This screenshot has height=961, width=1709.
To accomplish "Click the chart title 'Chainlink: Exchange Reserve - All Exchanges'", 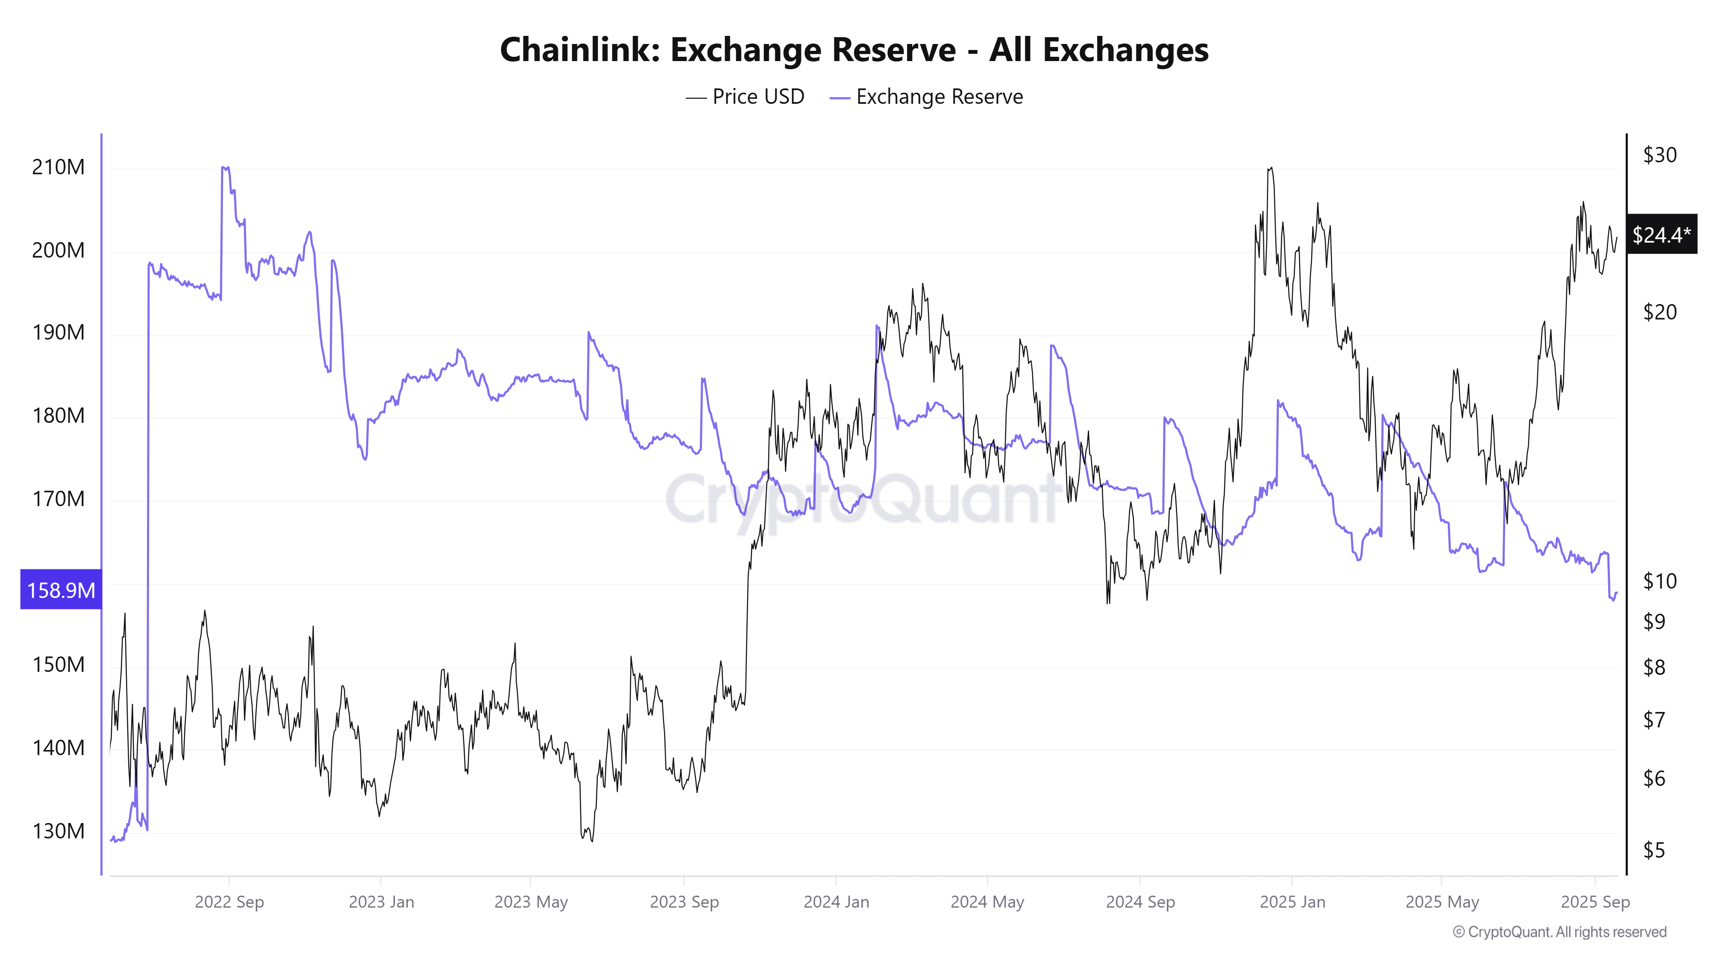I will (854, 50).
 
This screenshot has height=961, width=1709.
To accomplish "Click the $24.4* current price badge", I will (1661, 234).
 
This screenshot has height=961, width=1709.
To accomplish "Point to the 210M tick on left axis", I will (59, 167).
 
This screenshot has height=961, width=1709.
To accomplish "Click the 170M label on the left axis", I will (59, 499).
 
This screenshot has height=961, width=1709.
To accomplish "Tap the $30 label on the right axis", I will (1659, 155).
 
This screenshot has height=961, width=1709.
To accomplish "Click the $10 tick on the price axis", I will (1659, 581).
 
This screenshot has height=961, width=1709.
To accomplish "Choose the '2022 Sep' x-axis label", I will (229, 902).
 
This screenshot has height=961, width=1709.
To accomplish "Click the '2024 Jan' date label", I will (836, 902).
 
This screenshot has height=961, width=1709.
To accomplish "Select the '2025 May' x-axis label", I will (1442, 902).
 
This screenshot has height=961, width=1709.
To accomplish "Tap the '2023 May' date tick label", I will (531, 902).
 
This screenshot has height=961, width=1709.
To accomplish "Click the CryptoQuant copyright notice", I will (1559, 932).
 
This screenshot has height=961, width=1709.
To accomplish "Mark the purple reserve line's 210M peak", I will (225, 168).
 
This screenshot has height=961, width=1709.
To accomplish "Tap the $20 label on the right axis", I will (1659, 312).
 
